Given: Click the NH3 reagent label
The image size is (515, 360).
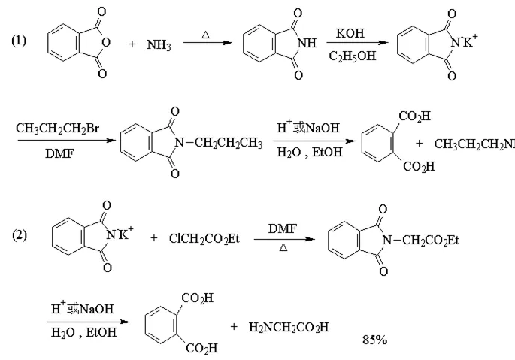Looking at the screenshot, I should [x=159, y=46].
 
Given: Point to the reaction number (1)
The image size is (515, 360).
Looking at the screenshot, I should [x=19, y=40].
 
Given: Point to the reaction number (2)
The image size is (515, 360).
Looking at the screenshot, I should [x=19, y=235].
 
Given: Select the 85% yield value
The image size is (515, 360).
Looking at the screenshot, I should [x=374, y=340].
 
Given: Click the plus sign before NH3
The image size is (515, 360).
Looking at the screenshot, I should [x=132, y=46].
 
